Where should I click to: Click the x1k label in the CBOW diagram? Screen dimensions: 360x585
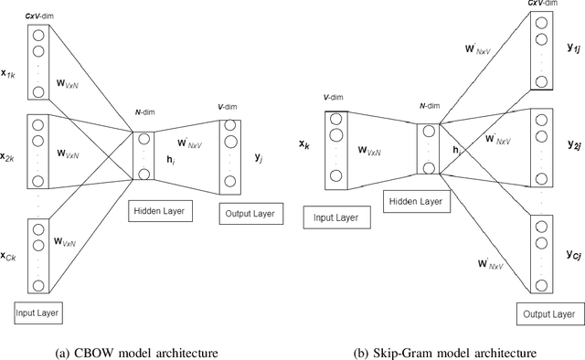[x=14, y=69]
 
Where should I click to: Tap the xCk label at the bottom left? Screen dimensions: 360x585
[x=14, y=255]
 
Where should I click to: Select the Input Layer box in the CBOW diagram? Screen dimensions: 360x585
[x=37, y=313]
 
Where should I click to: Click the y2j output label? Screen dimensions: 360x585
[x=573, y=143]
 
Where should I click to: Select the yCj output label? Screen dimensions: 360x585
[x=573, y=253]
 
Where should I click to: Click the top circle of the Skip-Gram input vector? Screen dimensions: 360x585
[x=335, y=119]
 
